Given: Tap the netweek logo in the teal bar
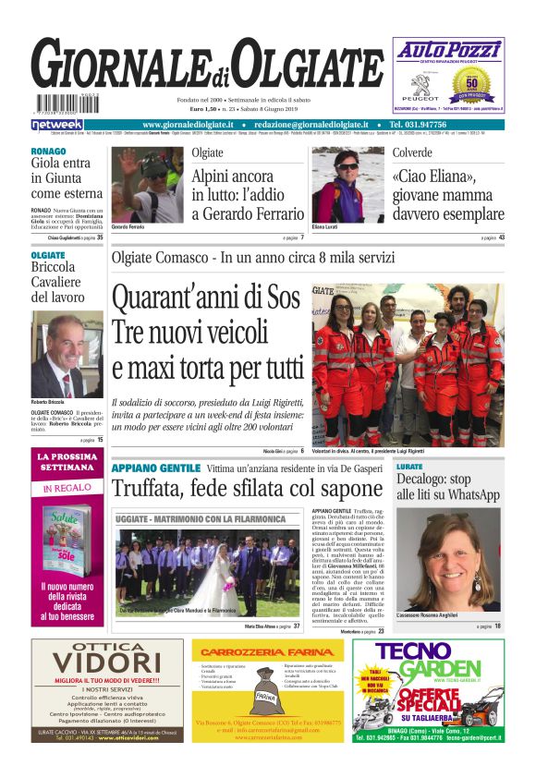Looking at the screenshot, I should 56,125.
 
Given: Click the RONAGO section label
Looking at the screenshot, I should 48,151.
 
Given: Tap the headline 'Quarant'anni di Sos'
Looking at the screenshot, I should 205,299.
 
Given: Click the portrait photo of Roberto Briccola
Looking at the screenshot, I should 67,354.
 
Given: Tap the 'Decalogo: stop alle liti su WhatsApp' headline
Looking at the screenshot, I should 446,488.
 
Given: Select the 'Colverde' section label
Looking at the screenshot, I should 411,152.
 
